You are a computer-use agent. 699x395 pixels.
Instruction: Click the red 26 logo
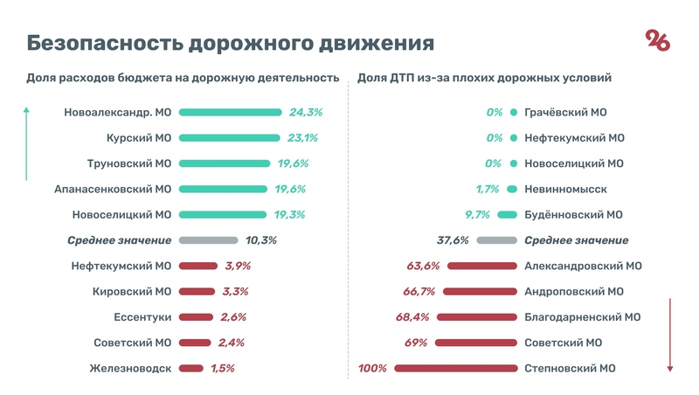(658, 40)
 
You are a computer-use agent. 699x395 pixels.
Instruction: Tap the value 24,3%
(305, 113)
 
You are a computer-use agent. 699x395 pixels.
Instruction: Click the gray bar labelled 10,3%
(208, 240)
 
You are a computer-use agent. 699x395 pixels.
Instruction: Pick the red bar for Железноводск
(190, 369)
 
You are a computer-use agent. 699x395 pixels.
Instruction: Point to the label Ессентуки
(142, 317)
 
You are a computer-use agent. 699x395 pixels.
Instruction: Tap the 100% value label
(372, 369)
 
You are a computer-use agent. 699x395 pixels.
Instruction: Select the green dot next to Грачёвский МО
(514, 113)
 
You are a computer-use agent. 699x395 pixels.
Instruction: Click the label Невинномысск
(565, 190)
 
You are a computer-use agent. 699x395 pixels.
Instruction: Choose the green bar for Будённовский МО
(506, 215)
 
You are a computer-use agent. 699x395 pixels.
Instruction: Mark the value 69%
(414, 343)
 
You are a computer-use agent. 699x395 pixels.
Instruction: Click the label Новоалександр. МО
(118, 113)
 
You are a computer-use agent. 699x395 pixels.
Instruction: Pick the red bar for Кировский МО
(197, 292)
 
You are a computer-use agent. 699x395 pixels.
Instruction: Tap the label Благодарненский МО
(583, 317)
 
